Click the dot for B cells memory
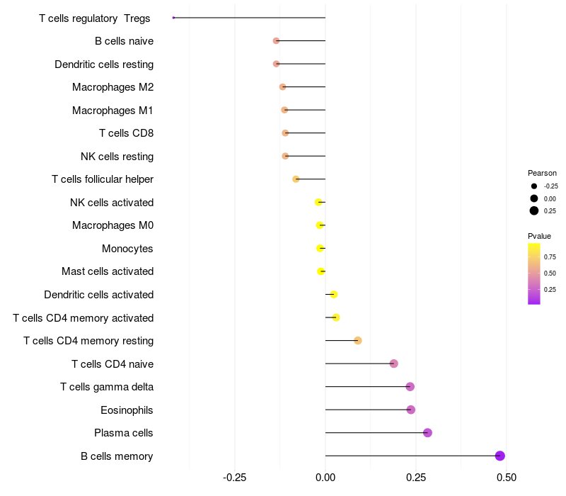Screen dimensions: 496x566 [500, 456]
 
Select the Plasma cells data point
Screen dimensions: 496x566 [427, 433]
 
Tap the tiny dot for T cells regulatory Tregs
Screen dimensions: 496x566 [173, 18]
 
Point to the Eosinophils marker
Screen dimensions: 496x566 [411, 410]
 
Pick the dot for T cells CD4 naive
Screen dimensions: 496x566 [394, 363]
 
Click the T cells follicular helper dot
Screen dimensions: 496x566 [296, 179]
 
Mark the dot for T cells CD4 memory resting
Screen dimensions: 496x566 [358, 341]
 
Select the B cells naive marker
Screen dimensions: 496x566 [276, 41]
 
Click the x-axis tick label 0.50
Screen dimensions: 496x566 [507, 478]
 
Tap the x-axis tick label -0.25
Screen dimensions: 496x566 [234, 478]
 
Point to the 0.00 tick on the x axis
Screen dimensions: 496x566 [325, 478]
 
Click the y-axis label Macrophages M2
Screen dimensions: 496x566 [112, 87]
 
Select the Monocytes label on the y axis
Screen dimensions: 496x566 [127, 249]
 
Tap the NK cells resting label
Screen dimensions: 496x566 [117, 156]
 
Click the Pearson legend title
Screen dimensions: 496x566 [542, 173]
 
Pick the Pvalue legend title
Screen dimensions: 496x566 [539, 236]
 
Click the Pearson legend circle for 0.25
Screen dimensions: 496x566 [534, 210]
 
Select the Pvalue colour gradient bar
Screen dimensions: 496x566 [534, 274]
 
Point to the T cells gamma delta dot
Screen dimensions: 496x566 [410, 387]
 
